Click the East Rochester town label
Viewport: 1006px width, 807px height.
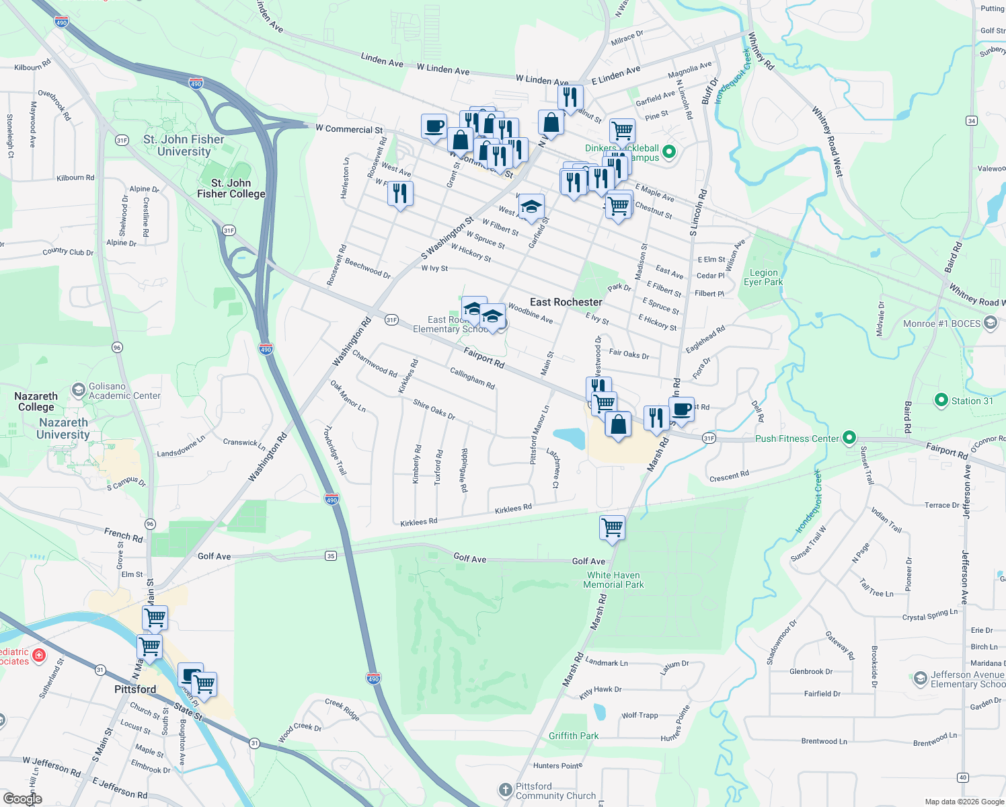(566, 302)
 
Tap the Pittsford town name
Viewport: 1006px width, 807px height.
(135, 689)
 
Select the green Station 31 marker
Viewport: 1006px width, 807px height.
(941, 400)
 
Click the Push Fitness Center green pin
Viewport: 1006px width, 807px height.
(849, 438)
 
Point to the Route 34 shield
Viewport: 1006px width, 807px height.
(971, 120)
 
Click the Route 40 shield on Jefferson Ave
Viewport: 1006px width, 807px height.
(963, 777)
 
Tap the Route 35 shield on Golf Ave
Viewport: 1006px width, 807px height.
(331, 555)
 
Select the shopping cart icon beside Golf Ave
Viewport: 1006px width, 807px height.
(612, 527)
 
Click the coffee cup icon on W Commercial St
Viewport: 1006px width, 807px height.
(434, 126)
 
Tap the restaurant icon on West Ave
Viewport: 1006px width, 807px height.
(400, 194)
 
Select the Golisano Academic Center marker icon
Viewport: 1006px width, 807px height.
(79, 390)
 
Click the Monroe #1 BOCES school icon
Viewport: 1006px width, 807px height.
(990, 323)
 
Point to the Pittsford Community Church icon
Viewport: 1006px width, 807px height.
(505, 790)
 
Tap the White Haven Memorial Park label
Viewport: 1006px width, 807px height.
(613, 580)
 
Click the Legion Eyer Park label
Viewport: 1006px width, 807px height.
(763, 277)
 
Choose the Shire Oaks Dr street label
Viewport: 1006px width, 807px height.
(434, 410)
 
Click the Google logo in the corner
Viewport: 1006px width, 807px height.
(22, 798)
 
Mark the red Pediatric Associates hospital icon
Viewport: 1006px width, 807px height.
(39, 655)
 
